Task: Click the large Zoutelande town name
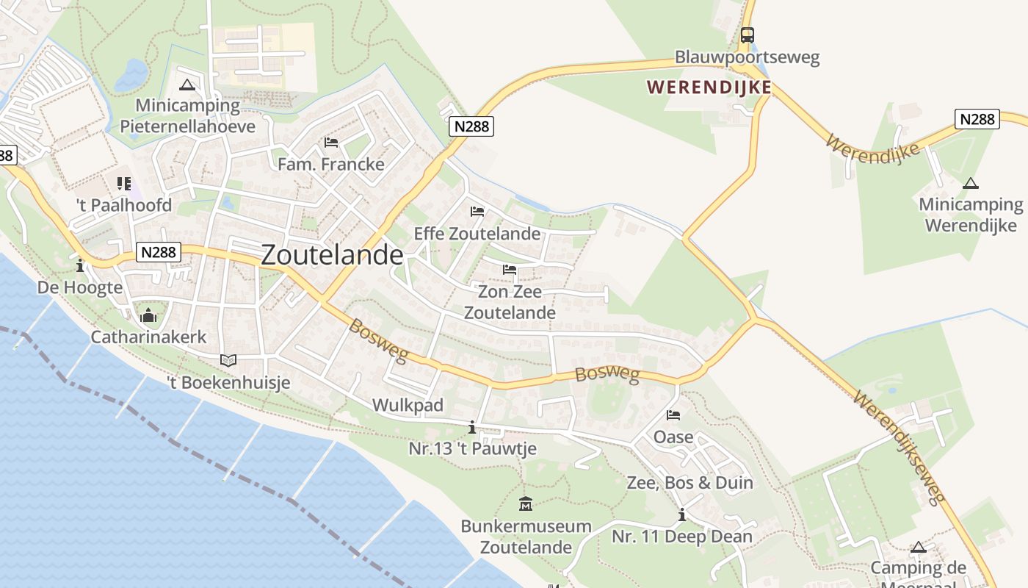click(332, 255)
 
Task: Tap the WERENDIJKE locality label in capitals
click(709, 87)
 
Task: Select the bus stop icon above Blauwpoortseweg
click(747, 35)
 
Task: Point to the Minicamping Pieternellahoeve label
click(187, 115)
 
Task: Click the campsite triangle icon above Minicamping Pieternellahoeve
click(187, 85)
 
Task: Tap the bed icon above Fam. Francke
click(331, 142)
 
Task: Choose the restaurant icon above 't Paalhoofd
click(123, 184)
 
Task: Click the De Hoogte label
click(80, 287)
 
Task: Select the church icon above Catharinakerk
click(148, 316)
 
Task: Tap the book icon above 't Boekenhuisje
click(228, 360)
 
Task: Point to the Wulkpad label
click(408, 405)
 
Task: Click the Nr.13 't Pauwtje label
click(472, 448)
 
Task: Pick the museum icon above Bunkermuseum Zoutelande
click(526, 504)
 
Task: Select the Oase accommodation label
click(673, 437)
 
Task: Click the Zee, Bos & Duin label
click(689, 483)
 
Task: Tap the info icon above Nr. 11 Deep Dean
click(682, 515)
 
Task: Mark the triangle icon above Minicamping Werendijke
click(971, 183)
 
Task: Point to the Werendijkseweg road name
click(898, 448)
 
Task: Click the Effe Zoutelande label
click(477, 234)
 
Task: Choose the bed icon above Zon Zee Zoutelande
click(510, 270)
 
